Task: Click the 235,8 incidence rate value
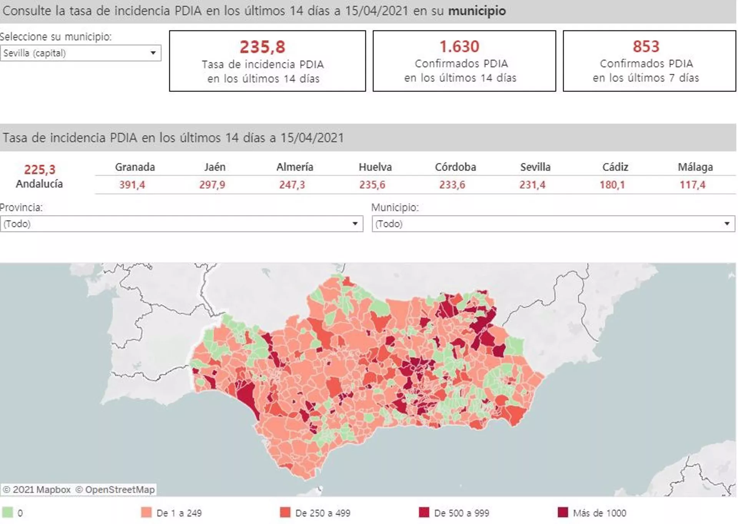click(x=263, y=47)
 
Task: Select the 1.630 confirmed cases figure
click(x=459, y=46)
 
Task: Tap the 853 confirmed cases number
click(x=646, y=46)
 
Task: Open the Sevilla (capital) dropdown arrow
click(x=153, y=53)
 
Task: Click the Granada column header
click(x=135, y=167)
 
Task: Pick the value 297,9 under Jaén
click(x=212, y=185)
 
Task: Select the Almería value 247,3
click(x=292, y=185)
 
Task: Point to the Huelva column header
click(x=375, y=167)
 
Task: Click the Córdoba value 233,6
click(x=452, y=185)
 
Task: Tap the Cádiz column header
click(x=615, y=167)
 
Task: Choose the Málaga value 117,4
click(x=693, y=185)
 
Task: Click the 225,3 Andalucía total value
click(x=40, y=169)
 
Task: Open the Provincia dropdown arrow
click(x=355, y=224)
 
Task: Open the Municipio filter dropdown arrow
click(x=727, y=224)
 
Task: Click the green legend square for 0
click(x=7, y=512)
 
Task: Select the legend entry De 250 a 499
click(x=322, y=513)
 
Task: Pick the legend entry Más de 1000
click(x=599, y=513)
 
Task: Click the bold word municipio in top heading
click(x=477, y=11)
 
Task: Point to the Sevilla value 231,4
click(x=532, y=185)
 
